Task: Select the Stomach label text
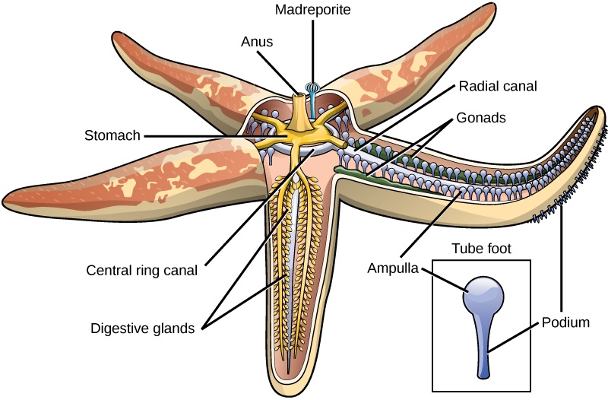(x=112, y=136)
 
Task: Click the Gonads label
(x=480, y=119)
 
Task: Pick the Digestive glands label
(x=142, y=329)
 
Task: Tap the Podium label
(x=565, y=322)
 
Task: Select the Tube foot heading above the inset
(x=480, y=249)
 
